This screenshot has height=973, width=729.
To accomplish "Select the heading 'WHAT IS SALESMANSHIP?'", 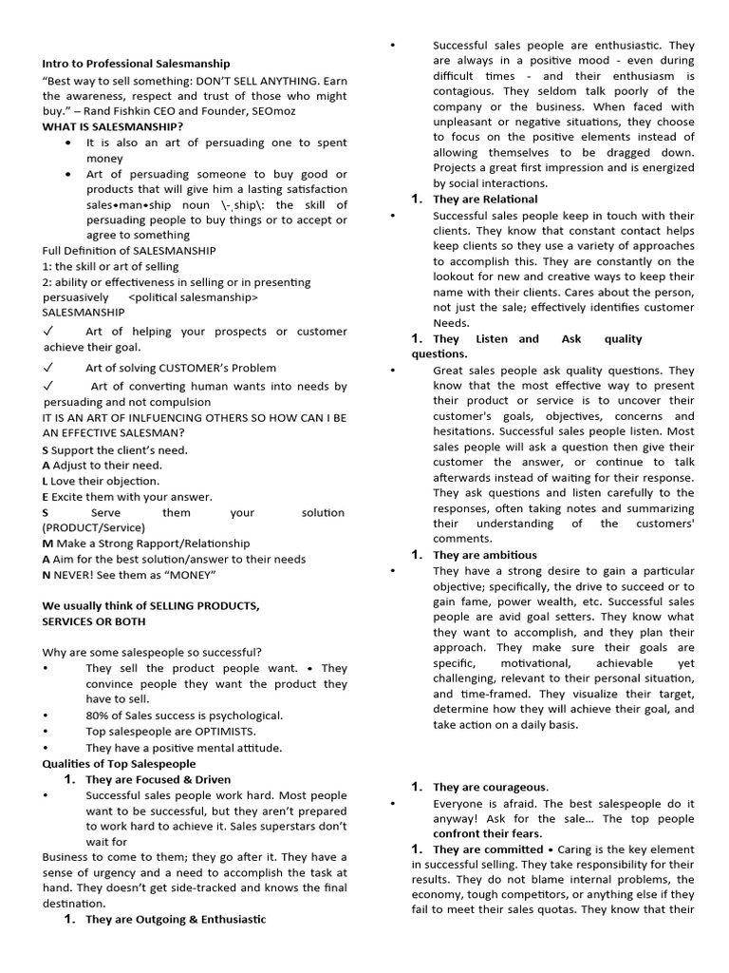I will tap(113, 126).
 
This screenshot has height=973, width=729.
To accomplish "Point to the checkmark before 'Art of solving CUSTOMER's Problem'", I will tap(47, 368).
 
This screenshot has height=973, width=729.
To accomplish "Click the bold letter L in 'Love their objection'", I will tap(46, 482).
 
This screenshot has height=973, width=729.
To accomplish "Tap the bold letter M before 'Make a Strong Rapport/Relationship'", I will tap(47, 544).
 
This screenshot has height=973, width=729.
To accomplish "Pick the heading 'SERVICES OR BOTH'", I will tap(94, 621).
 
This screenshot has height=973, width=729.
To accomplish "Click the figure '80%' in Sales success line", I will tap(99, 715).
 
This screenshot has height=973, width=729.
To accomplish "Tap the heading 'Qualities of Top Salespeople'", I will tap(119, 763).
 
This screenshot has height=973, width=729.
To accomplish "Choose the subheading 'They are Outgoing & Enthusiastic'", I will tap(176, 920).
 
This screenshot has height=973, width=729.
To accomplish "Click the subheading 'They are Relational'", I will tap(485, 200).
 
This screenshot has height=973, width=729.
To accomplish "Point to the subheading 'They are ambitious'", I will tap(484, 555).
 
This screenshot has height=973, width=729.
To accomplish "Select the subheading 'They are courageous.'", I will tap(491, 787).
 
